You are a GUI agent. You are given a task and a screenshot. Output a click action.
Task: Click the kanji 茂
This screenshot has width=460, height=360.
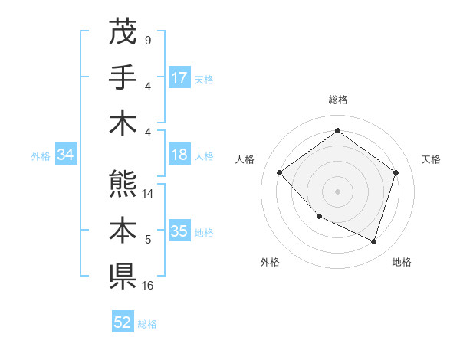point(122,31)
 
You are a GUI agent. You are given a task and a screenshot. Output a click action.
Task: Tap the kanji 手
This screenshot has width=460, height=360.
point(122,77)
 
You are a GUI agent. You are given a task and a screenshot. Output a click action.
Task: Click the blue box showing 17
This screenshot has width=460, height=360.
point(179,78)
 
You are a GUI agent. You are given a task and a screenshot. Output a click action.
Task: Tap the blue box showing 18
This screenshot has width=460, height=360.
point(179,155)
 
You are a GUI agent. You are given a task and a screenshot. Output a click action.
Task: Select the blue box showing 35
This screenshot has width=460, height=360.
point(179,231)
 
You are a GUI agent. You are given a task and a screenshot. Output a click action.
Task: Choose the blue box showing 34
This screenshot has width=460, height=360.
point(66,155)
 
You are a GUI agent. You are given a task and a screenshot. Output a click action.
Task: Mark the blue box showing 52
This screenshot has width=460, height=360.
point(123,322)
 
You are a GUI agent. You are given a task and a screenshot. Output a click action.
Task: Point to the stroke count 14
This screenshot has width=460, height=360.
point(149,195)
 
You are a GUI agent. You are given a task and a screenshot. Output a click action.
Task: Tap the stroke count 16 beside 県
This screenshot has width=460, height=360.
point(149,286)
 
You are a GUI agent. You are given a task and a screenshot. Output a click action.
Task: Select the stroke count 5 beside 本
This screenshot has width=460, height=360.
point(147,241)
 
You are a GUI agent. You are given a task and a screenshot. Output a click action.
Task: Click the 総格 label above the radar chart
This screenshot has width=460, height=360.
point(337,100)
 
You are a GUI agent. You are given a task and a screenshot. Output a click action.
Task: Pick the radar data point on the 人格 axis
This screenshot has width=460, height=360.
point(280,172)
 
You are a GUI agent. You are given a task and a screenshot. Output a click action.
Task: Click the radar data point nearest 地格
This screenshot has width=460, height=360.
point(374,241)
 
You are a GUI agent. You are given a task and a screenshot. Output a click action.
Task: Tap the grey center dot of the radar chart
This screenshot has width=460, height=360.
point(337,191)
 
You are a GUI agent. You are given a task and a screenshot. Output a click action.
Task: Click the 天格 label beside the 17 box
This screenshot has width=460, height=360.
point(204,79)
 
